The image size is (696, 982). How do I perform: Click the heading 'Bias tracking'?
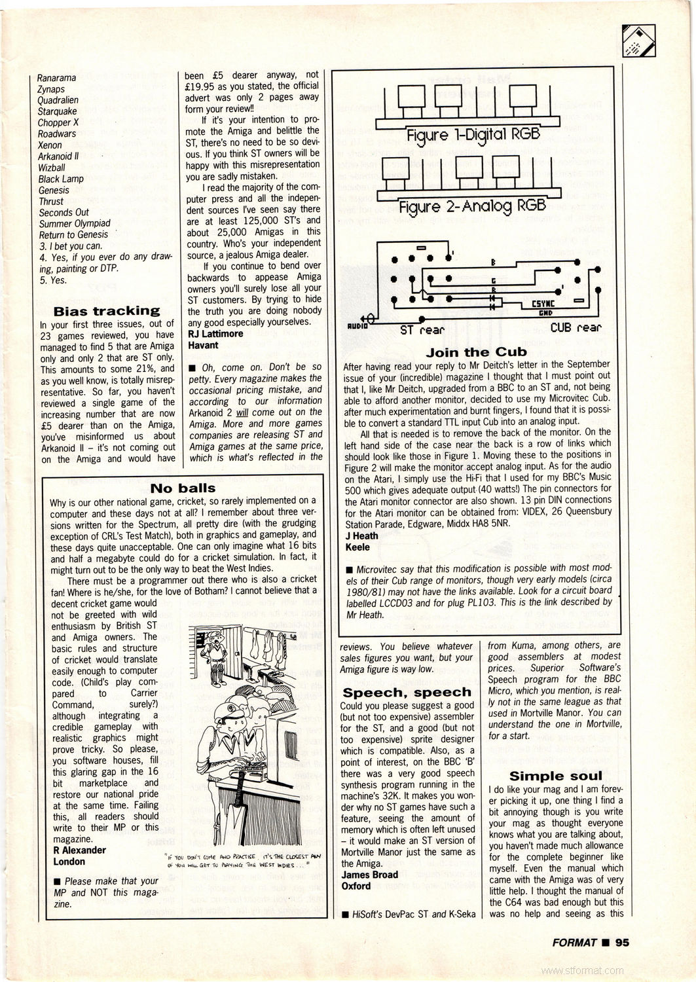107,311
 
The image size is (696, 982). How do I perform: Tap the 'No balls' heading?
183,488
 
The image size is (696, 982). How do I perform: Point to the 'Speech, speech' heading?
407,692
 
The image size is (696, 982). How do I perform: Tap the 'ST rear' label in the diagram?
422,330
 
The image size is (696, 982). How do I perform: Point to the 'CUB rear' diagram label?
576,327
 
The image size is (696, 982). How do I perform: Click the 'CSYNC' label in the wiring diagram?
536,304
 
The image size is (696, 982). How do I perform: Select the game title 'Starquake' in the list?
58,111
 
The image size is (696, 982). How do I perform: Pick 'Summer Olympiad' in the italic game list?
75,223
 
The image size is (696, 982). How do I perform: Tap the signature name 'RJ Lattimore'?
215,334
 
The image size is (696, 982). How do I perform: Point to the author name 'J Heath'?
362,536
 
